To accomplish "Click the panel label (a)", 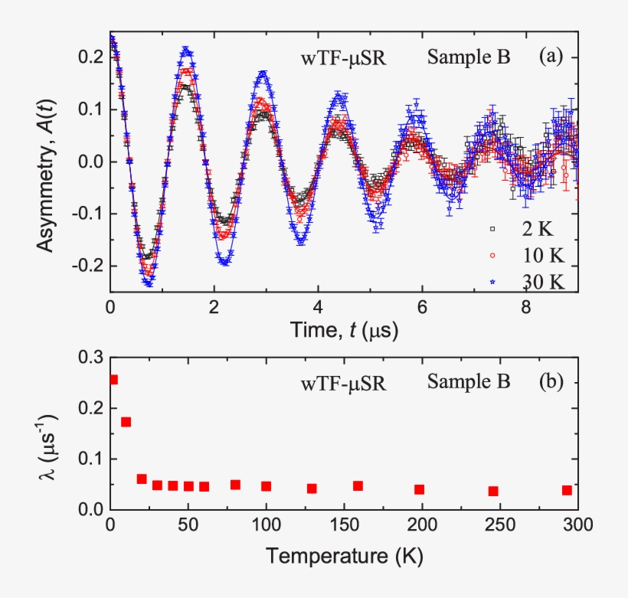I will tap(551, 56).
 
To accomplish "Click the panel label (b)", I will tap(551, 381).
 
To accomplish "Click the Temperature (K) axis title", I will tap(342, 554).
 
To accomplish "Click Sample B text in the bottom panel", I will tap(469, 381).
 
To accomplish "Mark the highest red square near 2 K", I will tap(113, 379).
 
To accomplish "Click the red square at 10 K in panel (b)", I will tap(126, 422).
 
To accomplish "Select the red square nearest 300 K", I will tap(567, 490).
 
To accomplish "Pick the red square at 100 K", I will tap(266, 486).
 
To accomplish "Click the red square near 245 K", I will tap(493, 491).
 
